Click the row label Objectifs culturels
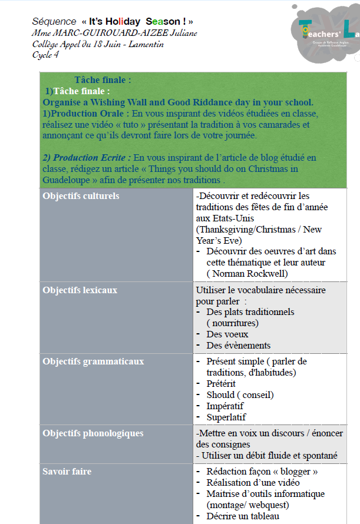coord(81,196)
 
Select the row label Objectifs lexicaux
coord(80,290)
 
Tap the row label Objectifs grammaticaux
coord(93,362)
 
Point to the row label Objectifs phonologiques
coord(93,433)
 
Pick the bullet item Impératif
coord(225,406)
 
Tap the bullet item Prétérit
coord(221,384)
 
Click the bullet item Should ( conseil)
coord(240,395)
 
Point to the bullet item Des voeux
coord(227,334)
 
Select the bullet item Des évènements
coord(239,346)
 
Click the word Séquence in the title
coord(54,21)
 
